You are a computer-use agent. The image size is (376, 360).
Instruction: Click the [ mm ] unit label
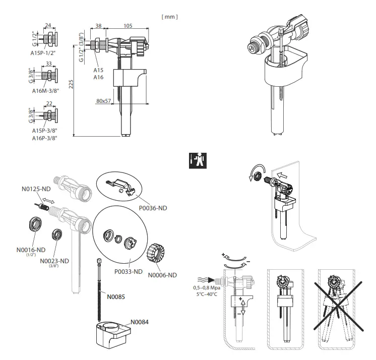(x=169, y=17)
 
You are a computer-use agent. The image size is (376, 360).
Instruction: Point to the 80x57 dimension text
(x=103, y=100)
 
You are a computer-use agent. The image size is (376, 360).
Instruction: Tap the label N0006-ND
(x=162, y=275)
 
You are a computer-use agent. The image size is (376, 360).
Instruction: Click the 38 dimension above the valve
(x=99, y=25)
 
